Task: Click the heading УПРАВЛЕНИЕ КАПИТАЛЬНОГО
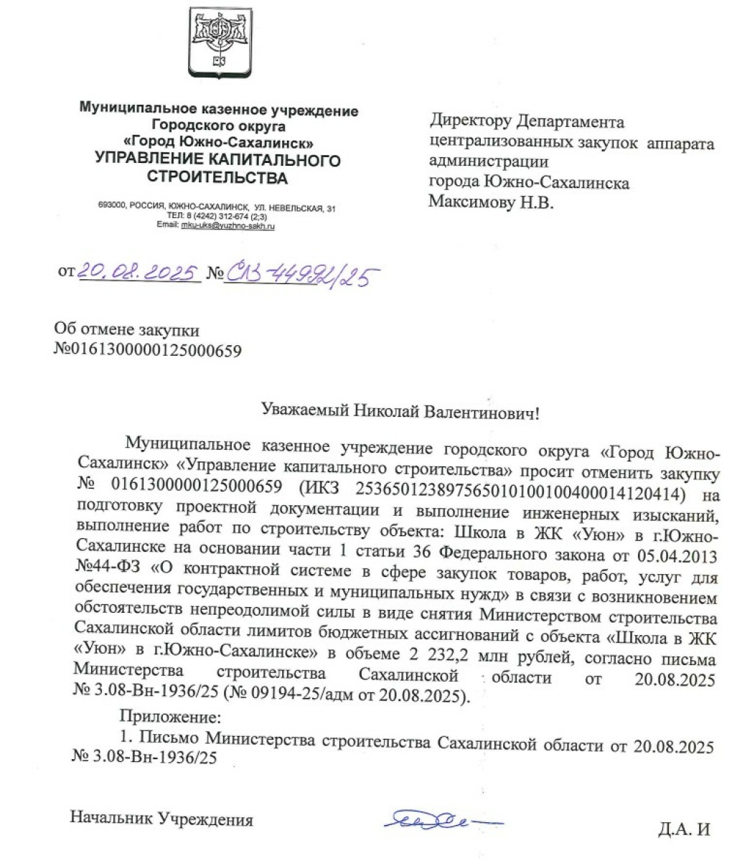[218, 159]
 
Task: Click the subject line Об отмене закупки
[128, 331]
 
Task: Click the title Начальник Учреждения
[161, 818]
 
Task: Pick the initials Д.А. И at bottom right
[683, 831]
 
